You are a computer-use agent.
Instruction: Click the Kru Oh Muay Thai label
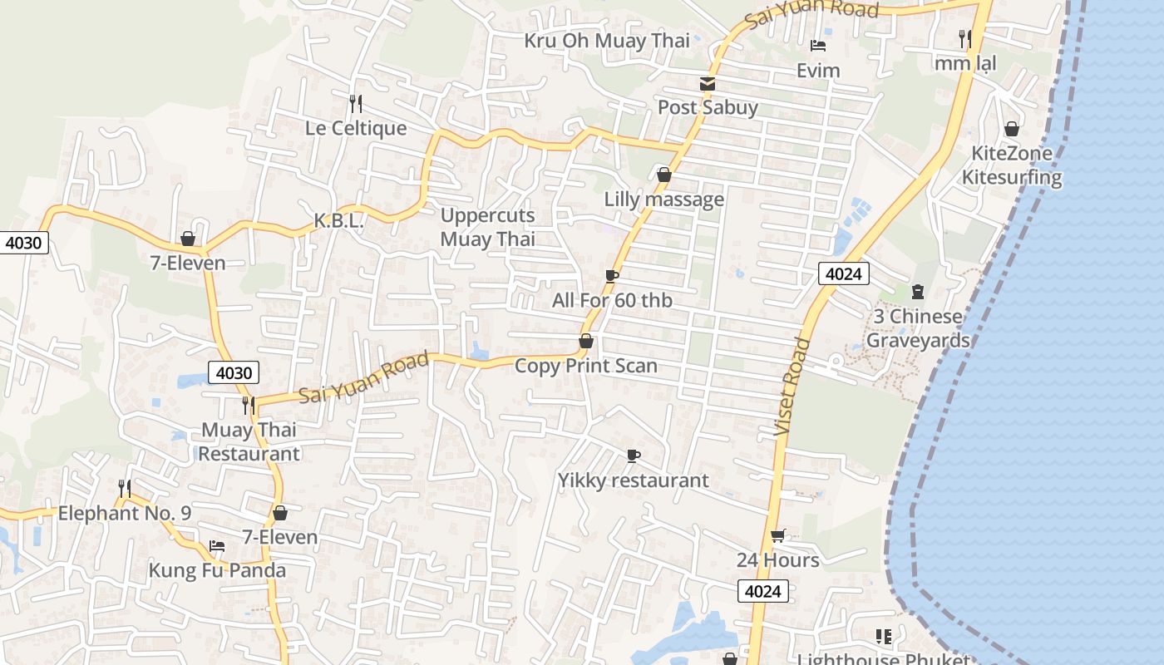607,40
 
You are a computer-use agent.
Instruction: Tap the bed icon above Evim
818,46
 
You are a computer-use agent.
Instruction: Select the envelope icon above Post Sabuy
708,83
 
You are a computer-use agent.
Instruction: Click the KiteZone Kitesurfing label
1012,165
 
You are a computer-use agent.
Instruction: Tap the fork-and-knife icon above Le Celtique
356,103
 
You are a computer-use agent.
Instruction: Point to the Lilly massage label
663,199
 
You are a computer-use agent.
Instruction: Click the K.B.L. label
338,221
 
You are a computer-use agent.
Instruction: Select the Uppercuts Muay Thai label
488,227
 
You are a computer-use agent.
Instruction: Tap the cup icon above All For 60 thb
612,276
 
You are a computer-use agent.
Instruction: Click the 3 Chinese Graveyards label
918,328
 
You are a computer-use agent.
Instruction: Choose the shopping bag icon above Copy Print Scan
586,341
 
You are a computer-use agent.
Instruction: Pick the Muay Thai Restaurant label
249,442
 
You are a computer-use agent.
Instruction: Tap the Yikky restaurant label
633,480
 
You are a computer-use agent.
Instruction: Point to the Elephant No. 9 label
125,513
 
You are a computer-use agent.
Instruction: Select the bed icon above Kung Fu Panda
217,546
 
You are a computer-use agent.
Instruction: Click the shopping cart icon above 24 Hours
777,536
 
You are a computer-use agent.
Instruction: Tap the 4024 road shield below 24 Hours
762,591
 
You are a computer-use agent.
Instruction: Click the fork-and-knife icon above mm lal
964,38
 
